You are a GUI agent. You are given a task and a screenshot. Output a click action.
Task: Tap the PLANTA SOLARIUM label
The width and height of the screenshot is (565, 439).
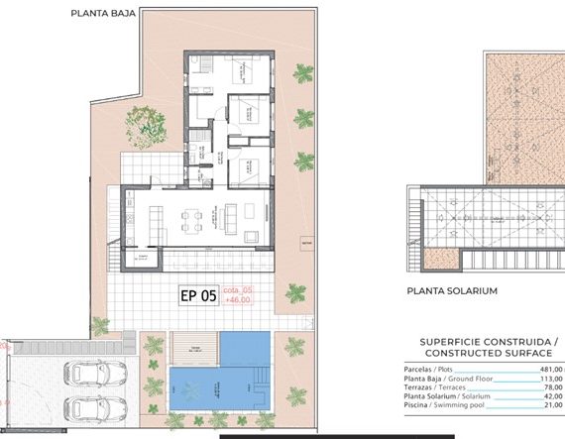[452, 291]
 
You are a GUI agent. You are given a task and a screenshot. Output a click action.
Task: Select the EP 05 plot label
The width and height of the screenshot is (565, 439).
[198, 294]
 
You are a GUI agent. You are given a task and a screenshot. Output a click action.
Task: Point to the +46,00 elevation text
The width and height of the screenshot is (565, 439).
[238, 299]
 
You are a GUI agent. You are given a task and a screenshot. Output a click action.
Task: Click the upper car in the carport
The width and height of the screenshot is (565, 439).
[95, 375]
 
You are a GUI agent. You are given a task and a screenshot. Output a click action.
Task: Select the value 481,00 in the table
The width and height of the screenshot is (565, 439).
[549, 369]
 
